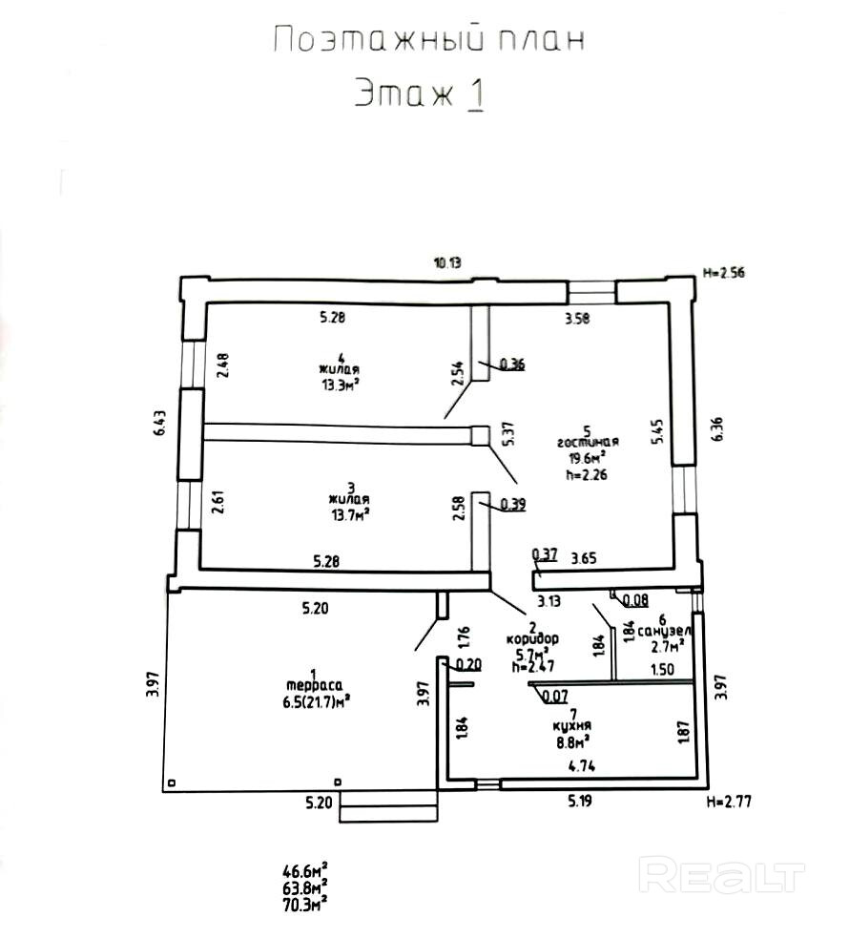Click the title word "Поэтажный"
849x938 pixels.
tap(367, 41)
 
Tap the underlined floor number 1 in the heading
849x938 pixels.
tap(474, 94)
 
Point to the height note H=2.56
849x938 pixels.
tap(722, 272)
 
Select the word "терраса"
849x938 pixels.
tap(307, 684)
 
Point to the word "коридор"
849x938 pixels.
tap(531, 637)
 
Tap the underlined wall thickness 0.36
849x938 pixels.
tap(512, 364)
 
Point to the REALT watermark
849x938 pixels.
tap(722, 874)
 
